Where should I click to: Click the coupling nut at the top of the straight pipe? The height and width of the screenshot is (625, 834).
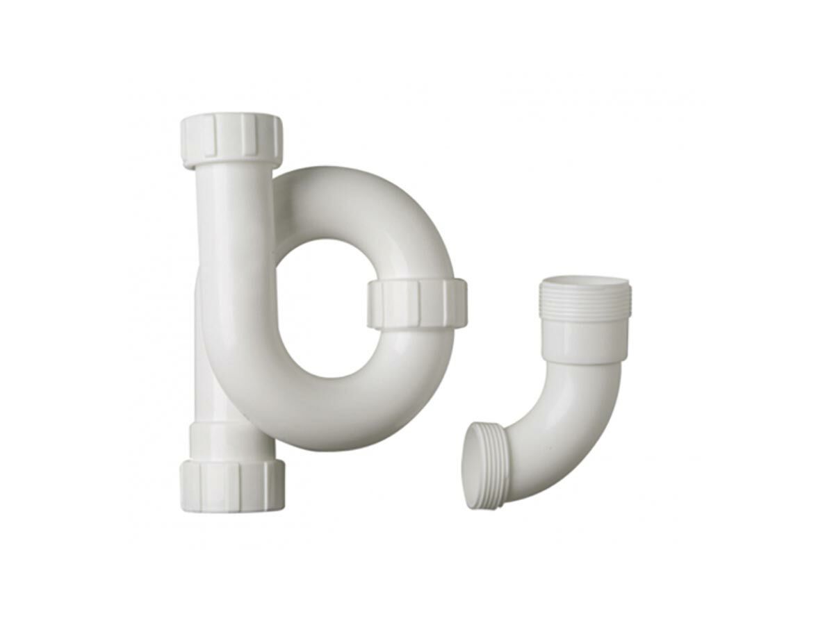tap(231, 141)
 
